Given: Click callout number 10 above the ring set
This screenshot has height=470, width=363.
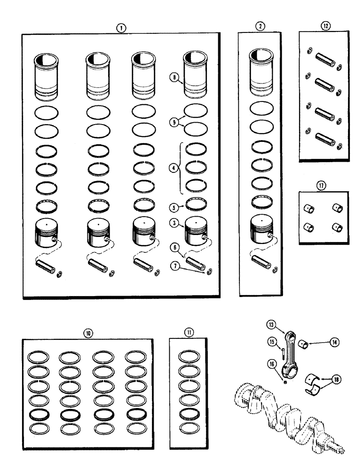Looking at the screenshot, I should pos(88,332).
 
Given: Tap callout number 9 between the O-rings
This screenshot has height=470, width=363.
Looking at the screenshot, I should pos(175,121).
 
